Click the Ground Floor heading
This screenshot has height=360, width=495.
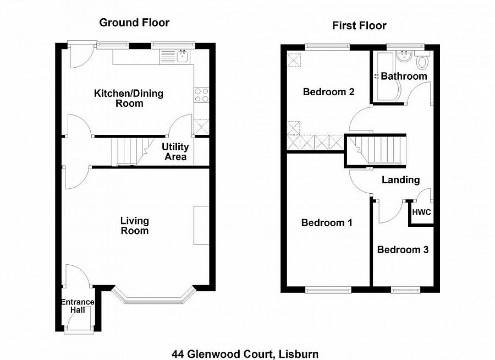(134, 23)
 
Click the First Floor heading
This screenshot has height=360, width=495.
(359, 26)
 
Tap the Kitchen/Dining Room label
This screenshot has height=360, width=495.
(129, 98)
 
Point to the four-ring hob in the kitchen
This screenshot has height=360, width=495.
(201, 95)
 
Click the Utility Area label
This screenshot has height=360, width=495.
(175, 152)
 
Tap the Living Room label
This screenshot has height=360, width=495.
(135, 226)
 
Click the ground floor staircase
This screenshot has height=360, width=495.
(127, 151)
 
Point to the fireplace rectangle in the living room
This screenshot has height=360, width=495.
(201, 225)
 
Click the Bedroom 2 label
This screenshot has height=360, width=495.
(328, 92)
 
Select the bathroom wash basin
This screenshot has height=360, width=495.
(405, 55)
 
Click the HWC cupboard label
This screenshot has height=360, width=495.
(422, 212)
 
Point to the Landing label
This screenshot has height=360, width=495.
(401, 180)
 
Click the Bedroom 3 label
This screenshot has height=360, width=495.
(403, 250)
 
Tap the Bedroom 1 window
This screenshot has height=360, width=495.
(328, 289)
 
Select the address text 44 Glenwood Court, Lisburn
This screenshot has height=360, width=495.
(245, 354)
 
